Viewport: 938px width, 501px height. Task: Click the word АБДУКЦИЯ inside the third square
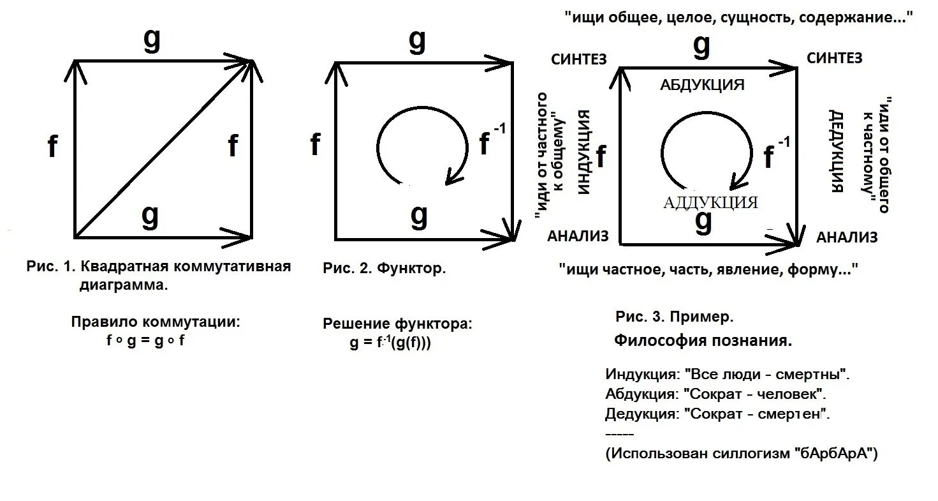pos(702,85)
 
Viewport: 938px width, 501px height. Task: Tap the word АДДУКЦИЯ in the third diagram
pos(710,203)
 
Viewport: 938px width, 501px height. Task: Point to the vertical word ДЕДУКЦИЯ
pos(837,151)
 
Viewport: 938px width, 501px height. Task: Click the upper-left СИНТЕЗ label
pos(578,59)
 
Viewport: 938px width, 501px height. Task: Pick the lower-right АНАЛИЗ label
pos(847,238)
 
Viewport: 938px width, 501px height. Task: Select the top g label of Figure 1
pos(152,40)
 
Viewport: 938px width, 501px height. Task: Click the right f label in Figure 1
pos(233,147)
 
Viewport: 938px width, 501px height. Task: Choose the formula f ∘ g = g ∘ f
pos(145,340)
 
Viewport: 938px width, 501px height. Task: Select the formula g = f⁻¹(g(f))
pos(390,343)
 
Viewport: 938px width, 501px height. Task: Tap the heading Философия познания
pos(703,341)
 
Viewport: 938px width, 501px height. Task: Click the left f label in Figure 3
pos(601,155)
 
